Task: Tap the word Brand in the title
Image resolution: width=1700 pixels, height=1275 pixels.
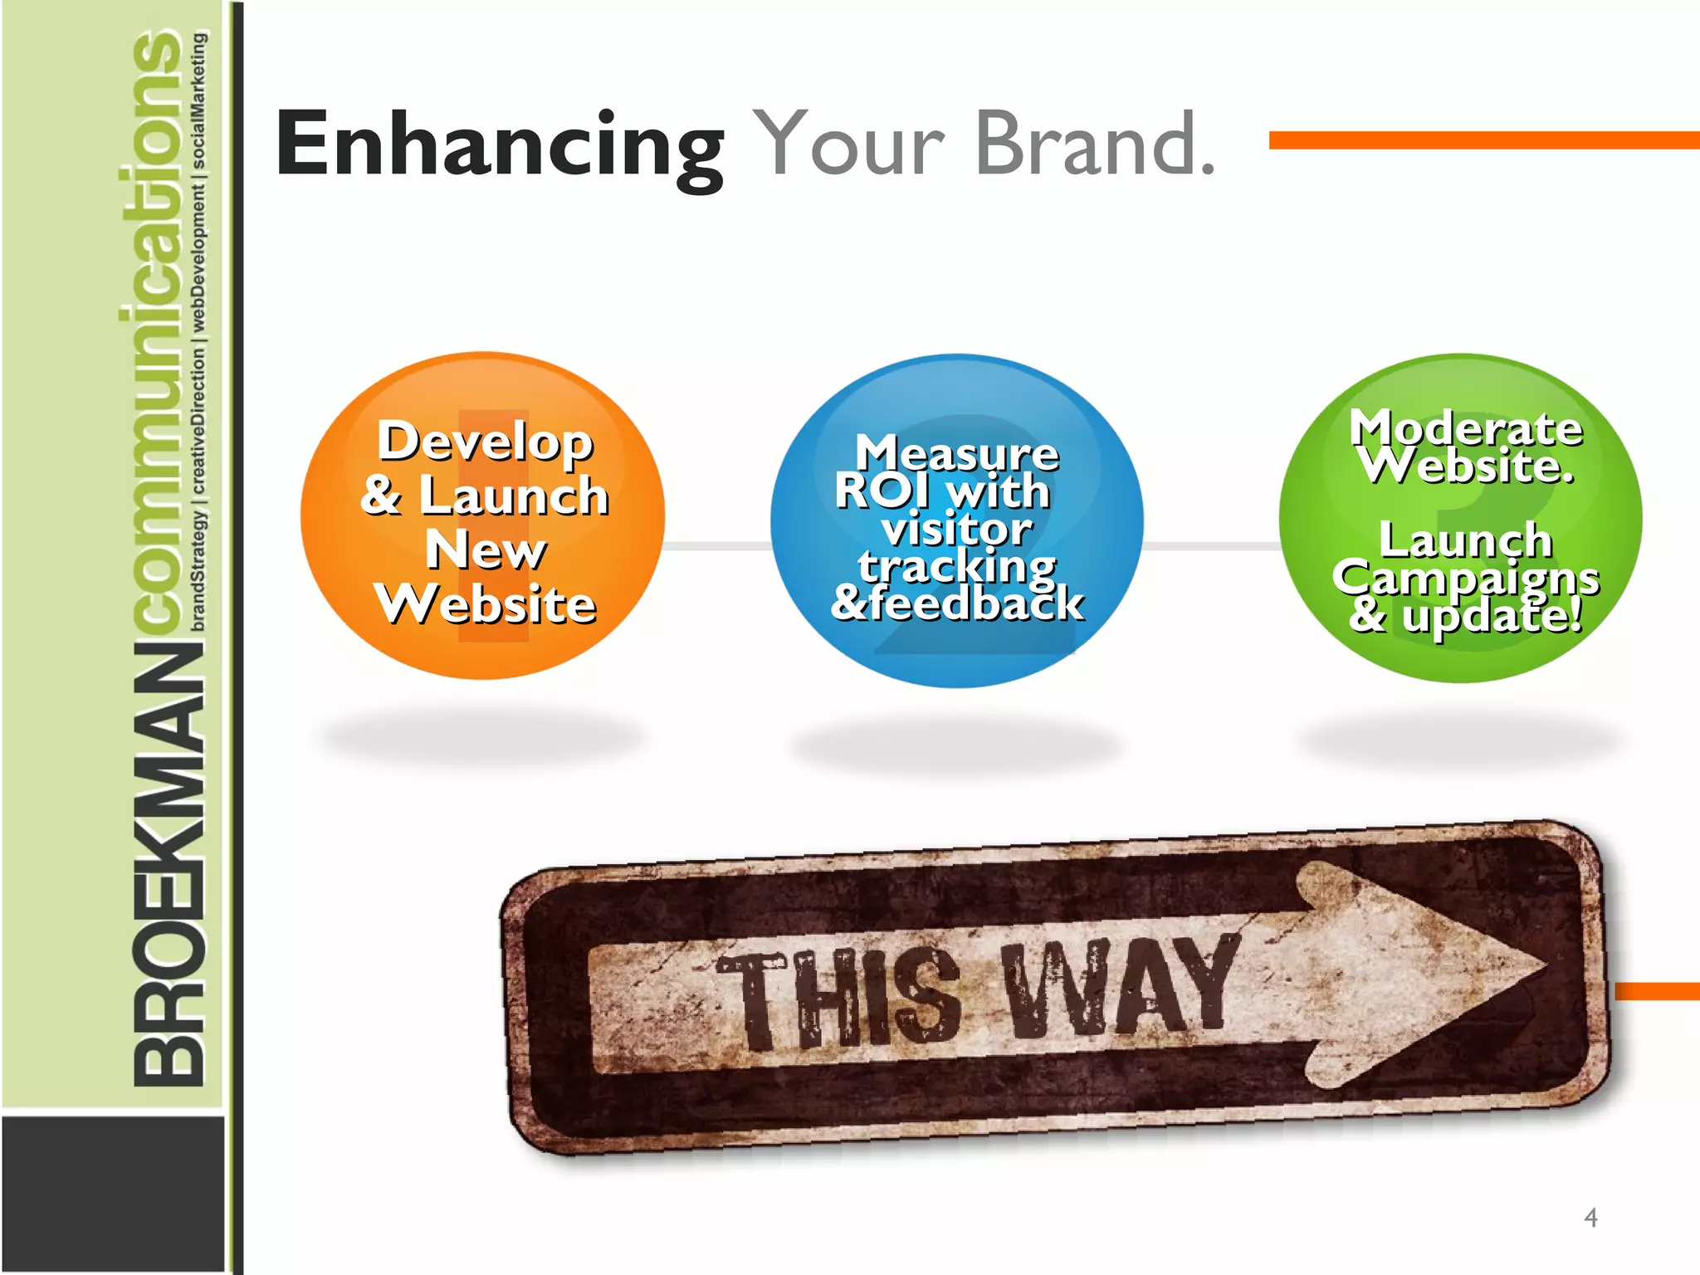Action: pyautogui.click(x=1096, y=145)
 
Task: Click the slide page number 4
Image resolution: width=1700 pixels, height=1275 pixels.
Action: pyautogui.click(x=1590, y=1218)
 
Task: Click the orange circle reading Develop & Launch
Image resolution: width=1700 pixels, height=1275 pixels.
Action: pyautogui.click(x=483, y=515)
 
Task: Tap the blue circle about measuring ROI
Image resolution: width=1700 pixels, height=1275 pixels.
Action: pyautogui.click(x=957, y=520)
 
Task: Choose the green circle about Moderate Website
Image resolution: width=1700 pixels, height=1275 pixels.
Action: pyautogui.click(x=1461, y=519)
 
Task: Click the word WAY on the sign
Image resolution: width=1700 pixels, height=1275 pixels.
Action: pyautogui.click(x=1121, y=988)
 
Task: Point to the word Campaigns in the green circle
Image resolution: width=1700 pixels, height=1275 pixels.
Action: pyautogui.click(x=1466, y=578)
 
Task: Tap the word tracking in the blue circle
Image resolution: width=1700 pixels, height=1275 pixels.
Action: pyautogui.click(x=957, y=566)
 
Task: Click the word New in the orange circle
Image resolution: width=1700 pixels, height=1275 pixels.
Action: pyautogui.click(x=486, y=550)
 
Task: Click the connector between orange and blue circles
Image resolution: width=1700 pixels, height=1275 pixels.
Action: pyautogui.click(x=718, y=545)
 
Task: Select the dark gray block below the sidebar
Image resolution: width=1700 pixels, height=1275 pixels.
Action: pyautogui.click(x=113, y=1193)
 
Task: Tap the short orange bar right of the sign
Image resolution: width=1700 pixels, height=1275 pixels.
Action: pyautogui.click(x=1657, y=991)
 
